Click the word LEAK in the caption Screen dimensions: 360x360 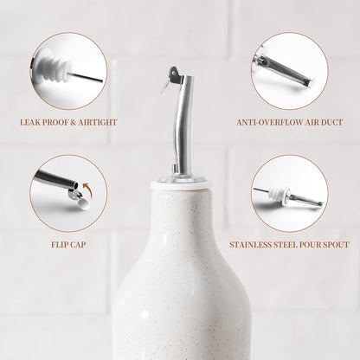click(x=31, y=123)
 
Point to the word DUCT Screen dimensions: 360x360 click(x=325, y=123)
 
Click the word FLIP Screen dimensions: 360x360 click(x=60, y=245)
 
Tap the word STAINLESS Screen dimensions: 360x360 click(x=248, y=245)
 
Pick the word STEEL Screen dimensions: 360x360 click(x=282, y=245)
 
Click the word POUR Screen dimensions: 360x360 click(x=308, y=245)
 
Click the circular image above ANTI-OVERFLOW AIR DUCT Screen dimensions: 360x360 click(x=288, y=71)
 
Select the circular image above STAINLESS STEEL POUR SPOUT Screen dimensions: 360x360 click(x=290, y=193)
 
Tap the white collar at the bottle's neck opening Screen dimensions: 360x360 click(x=179, y=183)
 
